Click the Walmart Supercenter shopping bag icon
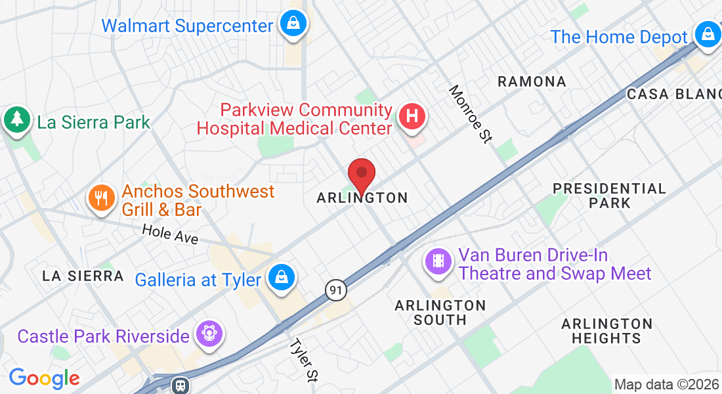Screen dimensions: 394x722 293,24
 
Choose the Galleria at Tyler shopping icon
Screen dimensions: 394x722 281,277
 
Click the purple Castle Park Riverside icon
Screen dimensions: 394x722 209,334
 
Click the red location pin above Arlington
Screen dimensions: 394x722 361,175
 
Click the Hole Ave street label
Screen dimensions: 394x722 171,234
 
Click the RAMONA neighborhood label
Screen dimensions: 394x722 532,81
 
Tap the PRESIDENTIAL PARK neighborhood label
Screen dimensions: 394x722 609,196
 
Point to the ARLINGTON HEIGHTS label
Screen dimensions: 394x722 606,331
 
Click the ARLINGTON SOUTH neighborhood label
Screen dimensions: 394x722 440,313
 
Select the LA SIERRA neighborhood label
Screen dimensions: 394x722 83,276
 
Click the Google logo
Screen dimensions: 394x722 44,378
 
